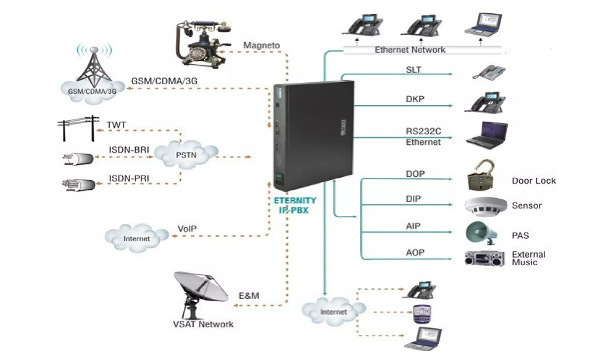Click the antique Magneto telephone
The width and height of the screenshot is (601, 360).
click(203, 44)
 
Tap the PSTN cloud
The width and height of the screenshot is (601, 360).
click(186, 154)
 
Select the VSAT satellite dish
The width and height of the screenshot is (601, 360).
click(200, 295)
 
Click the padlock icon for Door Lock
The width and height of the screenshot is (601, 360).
click(481, 175)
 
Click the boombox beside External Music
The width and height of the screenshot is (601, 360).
click(484, 259)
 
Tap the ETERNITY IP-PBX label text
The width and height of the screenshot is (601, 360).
click(294, 205)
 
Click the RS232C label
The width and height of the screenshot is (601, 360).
click(423, 131)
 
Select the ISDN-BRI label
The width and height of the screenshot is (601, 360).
click(129, 150)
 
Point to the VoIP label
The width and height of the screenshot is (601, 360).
click(187, 229)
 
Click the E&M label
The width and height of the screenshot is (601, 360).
click(249, 295)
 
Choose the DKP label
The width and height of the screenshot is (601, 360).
click(415, 99)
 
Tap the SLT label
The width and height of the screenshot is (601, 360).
click(414, 70)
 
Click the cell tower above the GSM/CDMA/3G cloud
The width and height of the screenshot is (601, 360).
click(94, 65)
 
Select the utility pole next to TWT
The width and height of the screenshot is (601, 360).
click(78, 128)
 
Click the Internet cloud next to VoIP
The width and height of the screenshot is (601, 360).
click(136, 238)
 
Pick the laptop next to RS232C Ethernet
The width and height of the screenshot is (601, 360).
click(487, 135)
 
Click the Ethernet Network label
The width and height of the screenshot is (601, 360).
click(410, 50)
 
